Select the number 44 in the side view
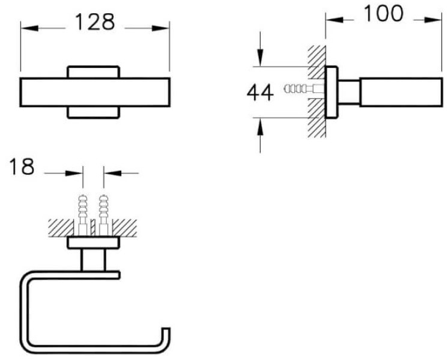click(260, 92)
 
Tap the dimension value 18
click(22, 167)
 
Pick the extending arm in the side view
click(399, 92)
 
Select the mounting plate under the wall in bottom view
click(94, 243)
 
